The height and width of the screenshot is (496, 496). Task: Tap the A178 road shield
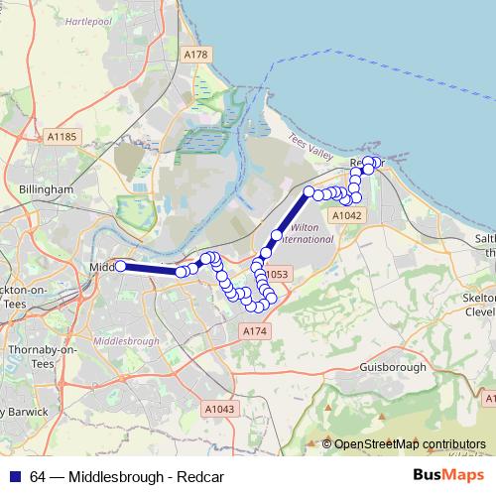click(197, 55)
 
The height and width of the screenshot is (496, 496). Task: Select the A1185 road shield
click(62, 136)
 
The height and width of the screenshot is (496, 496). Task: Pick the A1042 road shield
click(346, 214)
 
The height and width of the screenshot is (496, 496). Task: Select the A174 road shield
click(255, 330)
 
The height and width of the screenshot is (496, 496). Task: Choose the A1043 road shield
click(219, 408)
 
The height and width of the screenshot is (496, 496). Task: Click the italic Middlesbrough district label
click(125, 341)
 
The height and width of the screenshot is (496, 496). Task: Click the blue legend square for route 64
click(15, 477)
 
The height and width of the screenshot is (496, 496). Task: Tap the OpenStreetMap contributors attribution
click(410, 443)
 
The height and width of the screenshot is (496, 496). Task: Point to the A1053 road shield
click(275, 274)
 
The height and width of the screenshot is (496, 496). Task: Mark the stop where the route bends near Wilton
click(277, 235)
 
